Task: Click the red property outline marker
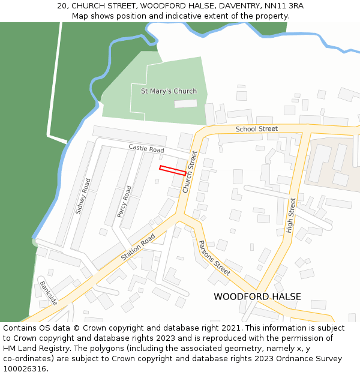tap(173, 170)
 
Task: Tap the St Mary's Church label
tap(169, 91)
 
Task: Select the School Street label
tap(256, 129)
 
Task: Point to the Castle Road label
tap(146, 149)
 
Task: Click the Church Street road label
tap(190, 172)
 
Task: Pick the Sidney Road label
tap(83, 196)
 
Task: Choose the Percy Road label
tap(124, 201)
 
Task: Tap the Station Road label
tap(138, 247)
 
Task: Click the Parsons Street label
tap(214, 257)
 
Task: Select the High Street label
tap(292, 215)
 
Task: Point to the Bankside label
tap(48, 292)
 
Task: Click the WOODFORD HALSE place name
tap(257, 296)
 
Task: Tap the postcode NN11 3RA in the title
tap(284, 6)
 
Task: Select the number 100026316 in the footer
tap(25, 369)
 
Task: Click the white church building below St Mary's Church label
tap(185, 104)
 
